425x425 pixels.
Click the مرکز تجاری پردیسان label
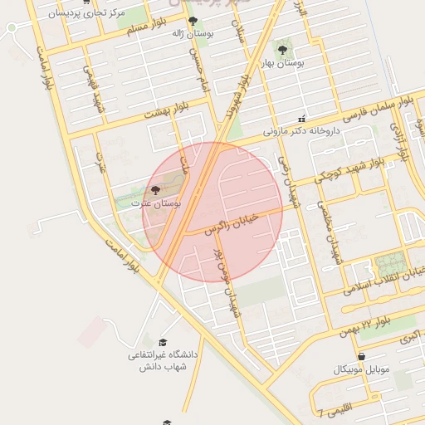[87, 13]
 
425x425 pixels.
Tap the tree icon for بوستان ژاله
[193, 21]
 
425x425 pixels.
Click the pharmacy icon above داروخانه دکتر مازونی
[302, 118]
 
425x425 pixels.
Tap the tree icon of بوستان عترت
[155, 190]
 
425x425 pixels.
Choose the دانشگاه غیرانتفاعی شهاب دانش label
[163, 360]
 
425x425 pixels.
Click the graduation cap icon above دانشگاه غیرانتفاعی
[162, 342]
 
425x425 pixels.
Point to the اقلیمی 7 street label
[333, 408]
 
